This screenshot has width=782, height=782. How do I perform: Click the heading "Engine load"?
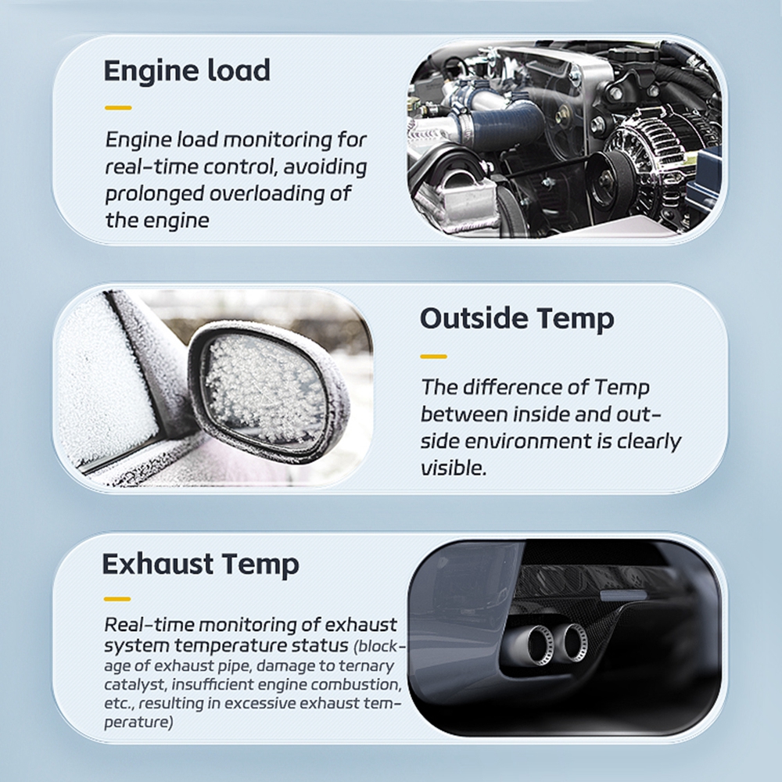187,71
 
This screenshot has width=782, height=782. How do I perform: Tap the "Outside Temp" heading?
517,319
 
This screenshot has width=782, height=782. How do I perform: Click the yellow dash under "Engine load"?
118,108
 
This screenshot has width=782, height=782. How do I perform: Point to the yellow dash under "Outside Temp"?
433,357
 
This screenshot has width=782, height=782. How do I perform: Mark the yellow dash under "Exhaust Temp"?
117,599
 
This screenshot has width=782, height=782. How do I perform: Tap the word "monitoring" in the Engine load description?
278,141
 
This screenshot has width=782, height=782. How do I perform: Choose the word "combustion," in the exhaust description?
356,685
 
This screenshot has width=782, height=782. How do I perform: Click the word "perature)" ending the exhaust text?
138,723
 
